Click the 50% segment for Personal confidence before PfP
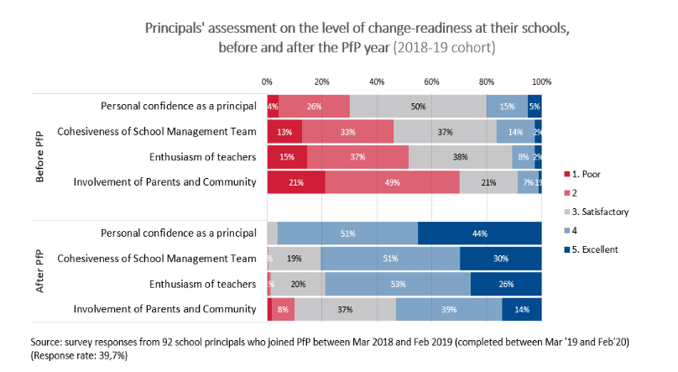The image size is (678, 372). point(418,107)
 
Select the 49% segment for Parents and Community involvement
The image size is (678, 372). point(392,183)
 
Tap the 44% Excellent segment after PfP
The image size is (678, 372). point(479,233)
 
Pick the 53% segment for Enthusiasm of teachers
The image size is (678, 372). point(397,285)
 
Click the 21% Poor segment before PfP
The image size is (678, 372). point(296,183)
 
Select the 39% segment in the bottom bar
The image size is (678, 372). point(449,310)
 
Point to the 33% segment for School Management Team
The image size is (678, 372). point(347,132)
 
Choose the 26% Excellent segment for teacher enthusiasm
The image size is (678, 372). point(506,285)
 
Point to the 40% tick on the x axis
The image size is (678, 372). point(377,81)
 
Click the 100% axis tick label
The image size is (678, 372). point(541,81)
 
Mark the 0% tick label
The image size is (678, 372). point(267,81)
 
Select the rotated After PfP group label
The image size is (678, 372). point(39,271)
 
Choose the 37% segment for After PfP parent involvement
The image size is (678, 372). point(345,310)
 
